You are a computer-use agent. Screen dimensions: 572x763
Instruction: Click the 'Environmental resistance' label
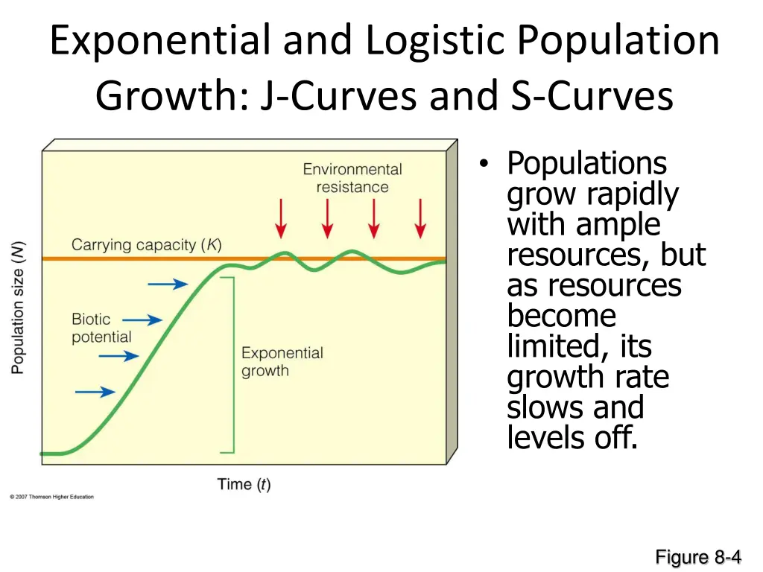pyautogui.click(x=352, y=178)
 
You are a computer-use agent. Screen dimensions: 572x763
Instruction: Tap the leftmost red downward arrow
pyautogui.click(x=281, y=218)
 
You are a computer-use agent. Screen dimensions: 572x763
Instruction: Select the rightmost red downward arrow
pyautogui.click(x=420, y=218)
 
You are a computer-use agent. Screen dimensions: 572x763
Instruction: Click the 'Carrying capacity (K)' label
pyautogui.click(x=146, y=245)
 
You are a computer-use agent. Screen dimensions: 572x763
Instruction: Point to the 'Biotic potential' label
pyautogui.click(x=101, y=328)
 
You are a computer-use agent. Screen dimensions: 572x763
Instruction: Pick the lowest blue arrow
pyautogui.click(x=96, y=392)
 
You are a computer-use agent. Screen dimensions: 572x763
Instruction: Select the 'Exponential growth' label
pyautogui.click(x=282, y=362)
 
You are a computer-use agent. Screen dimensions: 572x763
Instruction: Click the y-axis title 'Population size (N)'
pyautogui.click(x=18, y=306)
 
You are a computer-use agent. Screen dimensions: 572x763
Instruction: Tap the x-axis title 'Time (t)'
pyautogui.click(x=244, y=485)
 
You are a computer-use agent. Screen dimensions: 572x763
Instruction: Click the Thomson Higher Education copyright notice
pyautogui.click(x=52, y=497)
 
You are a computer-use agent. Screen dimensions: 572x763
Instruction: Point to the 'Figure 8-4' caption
pyautogui.click(x=698, y=556)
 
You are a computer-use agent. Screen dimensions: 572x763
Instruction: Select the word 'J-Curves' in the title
pyautogui.click(x=340, y=96)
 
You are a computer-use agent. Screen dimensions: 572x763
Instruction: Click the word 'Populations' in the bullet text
pyautogui.click(x=586, y=163)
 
